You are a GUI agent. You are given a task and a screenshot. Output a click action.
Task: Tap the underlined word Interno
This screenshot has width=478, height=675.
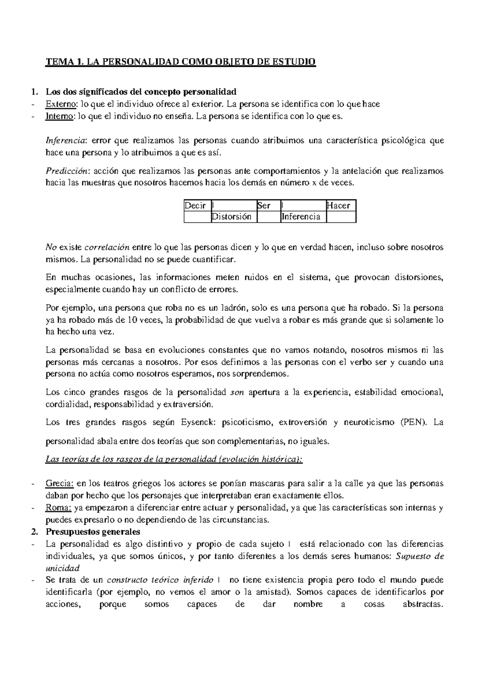coord(60,117)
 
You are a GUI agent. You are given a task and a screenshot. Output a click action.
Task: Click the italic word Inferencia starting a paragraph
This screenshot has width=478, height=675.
coord(66,140)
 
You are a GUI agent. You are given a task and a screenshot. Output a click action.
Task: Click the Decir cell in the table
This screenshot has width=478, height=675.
coord(195,206)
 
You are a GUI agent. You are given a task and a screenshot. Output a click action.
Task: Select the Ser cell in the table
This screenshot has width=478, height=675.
coord(264,206)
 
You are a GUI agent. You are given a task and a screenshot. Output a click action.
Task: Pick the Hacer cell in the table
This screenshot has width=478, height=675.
coord(338,206)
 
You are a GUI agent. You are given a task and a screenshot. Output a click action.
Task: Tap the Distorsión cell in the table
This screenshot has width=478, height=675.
coord(231,217)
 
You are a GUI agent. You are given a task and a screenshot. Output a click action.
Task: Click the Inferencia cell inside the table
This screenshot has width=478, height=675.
coord(301,217)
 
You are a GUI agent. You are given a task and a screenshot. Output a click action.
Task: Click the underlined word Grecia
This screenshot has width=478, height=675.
coord(60,484)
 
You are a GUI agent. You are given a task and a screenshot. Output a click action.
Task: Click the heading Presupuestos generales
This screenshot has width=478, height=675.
coord(93,532)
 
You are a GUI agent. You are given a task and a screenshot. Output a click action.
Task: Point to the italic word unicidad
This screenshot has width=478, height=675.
coord(63,568)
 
